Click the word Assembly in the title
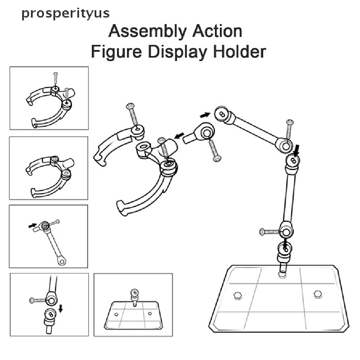point(147,32)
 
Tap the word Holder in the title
point(239,52)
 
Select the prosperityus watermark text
point(65,13)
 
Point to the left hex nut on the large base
point(237,295)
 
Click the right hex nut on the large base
point(318,294)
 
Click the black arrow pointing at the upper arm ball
point(205,115)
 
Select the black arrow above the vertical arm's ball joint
point(297,149)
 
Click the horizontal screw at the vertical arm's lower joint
point(270,232)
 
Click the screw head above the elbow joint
point(290,122)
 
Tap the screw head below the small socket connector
point(217,158)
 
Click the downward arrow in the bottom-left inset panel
point(60,308)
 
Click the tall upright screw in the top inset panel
point(56,79)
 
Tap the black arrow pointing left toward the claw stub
point(179,135)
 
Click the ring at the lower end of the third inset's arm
point(62,261)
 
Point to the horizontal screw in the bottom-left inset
point(38,300)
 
